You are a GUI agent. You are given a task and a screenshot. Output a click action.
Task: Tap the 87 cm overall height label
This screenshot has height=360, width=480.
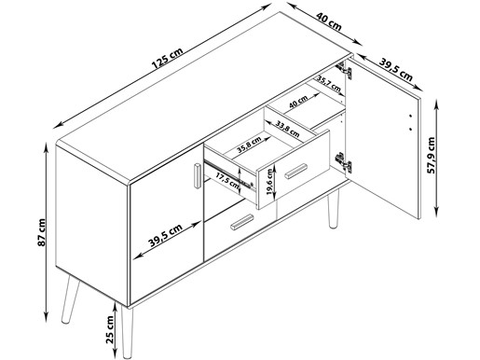click(x=41, y=232)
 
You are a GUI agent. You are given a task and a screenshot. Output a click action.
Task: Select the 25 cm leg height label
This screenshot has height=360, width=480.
click(x=110, y=329)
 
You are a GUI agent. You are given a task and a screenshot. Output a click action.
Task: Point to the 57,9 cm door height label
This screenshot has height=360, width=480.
click(x=432, y=155)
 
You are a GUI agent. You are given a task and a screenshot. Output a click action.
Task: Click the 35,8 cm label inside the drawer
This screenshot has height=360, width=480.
click(x=249, y=145)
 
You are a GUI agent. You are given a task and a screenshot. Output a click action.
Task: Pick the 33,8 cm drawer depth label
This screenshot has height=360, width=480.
click(x=287, y=130)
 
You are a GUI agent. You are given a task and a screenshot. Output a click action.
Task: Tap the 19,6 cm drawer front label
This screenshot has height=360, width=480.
click(x=269, y=182)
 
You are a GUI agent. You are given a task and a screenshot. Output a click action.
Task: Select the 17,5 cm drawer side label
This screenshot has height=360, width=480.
click(x=227, y=182)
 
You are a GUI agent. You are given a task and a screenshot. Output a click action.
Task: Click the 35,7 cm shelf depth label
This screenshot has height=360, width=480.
click(x=329, y=84)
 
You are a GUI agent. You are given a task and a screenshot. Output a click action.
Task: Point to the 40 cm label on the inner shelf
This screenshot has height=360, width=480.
click(x=298, y=102)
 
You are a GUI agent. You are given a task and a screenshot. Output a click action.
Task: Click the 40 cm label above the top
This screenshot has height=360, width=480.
click(x=329, y=21)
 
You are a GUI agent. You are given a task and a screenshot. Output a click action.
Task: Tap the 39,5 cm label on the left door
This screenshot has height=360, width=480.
click(x=165, y=235)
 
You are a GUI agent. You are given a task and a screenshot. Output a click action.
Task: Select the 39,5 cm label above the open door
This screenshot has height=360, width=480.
click(x=396, y=70)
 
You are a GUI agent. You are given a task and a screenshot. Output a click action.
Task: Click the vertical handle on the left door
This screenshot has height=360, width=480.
click(x=198, y=175)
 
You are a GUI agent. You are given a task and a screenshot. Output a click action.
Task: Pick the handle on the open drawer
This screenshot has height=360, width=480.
click(x=296, y=172)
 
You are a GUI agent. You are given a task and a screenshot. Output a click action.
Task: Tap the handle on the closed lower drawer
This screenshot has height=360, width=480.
click(x=242, y=222)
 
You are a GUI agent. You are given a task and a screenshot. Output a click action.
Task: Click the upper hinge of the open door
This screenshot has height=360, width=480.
click(x=344, y=70)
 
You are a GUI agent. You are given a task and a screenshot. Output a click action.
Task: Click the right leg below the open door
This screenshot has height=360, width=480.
click(x=334, y=209)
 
